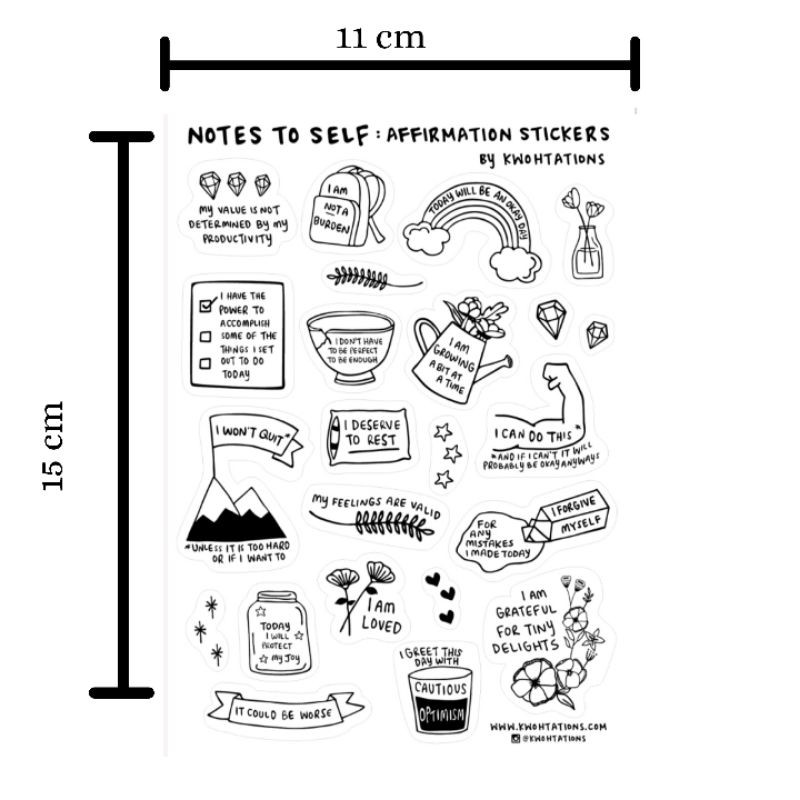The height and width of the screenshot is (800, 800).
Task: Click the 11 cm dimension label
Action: pyautogui.click(x=380, y=38)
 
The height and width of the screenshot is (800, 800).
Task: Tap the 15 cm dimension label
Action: pyautogui.click(x=53, y=446)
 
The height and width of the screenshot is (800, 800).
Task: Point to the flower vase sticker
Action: pyautogui.click(x=585, y=234)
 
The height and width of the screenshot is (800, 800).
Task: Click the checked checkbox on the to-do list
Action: pyautogui.click(x=207, y=305)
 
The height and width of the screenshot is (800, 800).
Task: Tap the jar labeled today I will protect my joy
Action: pyautogui.click(x=279, y=633)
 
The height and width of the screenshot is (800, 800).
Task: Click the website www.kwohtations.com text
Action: pyautogui.click(x=548, y=727)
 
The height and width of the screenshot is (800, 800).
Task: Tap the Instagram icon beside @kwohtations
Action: pyautogui.click(x=516, y=738)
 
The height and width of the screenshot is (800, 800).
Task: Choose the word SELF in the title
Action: pyautogui.click(x=339, y=136)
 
